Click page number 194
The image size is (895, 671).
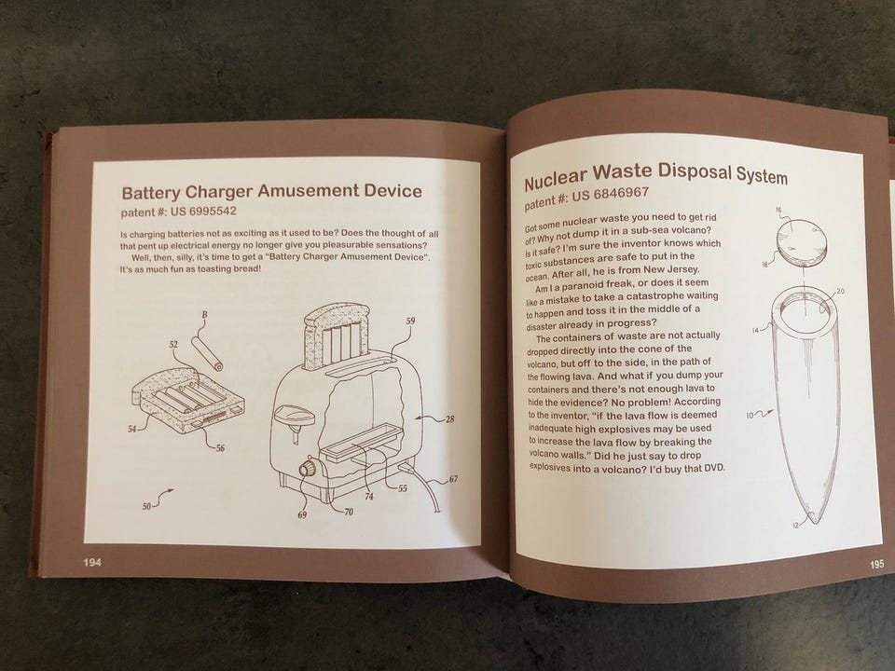pyautogui.click(x=92, y=563)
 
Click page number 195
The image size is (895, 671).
pyautogui.click(x=876, y=564)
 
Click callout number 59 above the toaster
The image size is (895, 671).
pyautogui.click(x=410, y=322)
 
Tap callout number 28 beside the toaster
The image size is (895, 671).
pyautogui.click(x=450, y=419)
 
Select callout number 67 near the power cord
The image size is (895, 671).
pyautogui.click(x=453, y=479)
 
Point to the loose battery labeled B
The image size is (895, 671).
pyautogui.click(x=207, y=354)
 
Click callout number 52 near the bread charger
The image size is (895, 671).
pyautogui.click(x=173, y=345)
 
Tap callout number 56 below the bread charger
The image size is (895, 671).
pyautogui.click(x=220, y=448)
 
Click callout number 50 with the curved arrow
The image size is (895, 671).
pyautogui.click(x=146, y=505)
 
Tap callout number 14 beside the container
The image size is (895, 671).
pyautogui.click(x=755, y=330)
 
